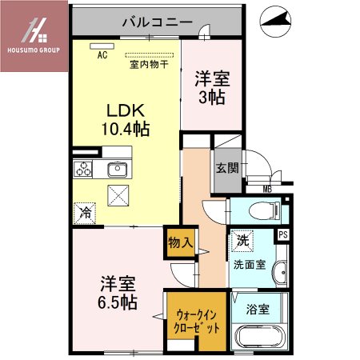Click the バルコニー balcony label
[x=157, y=22]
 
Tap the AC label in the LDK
[x=102, y=56]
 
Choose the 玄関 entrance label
[x=226, y=168]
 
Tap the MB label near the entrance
[x=267, y=190]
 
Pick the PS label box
[x=282, y=234]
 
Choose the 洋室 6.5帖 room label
[x=118, y=293]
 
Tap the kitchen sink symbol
[x=117, y=169]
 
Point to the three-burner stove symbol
[x=84, y=169]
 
